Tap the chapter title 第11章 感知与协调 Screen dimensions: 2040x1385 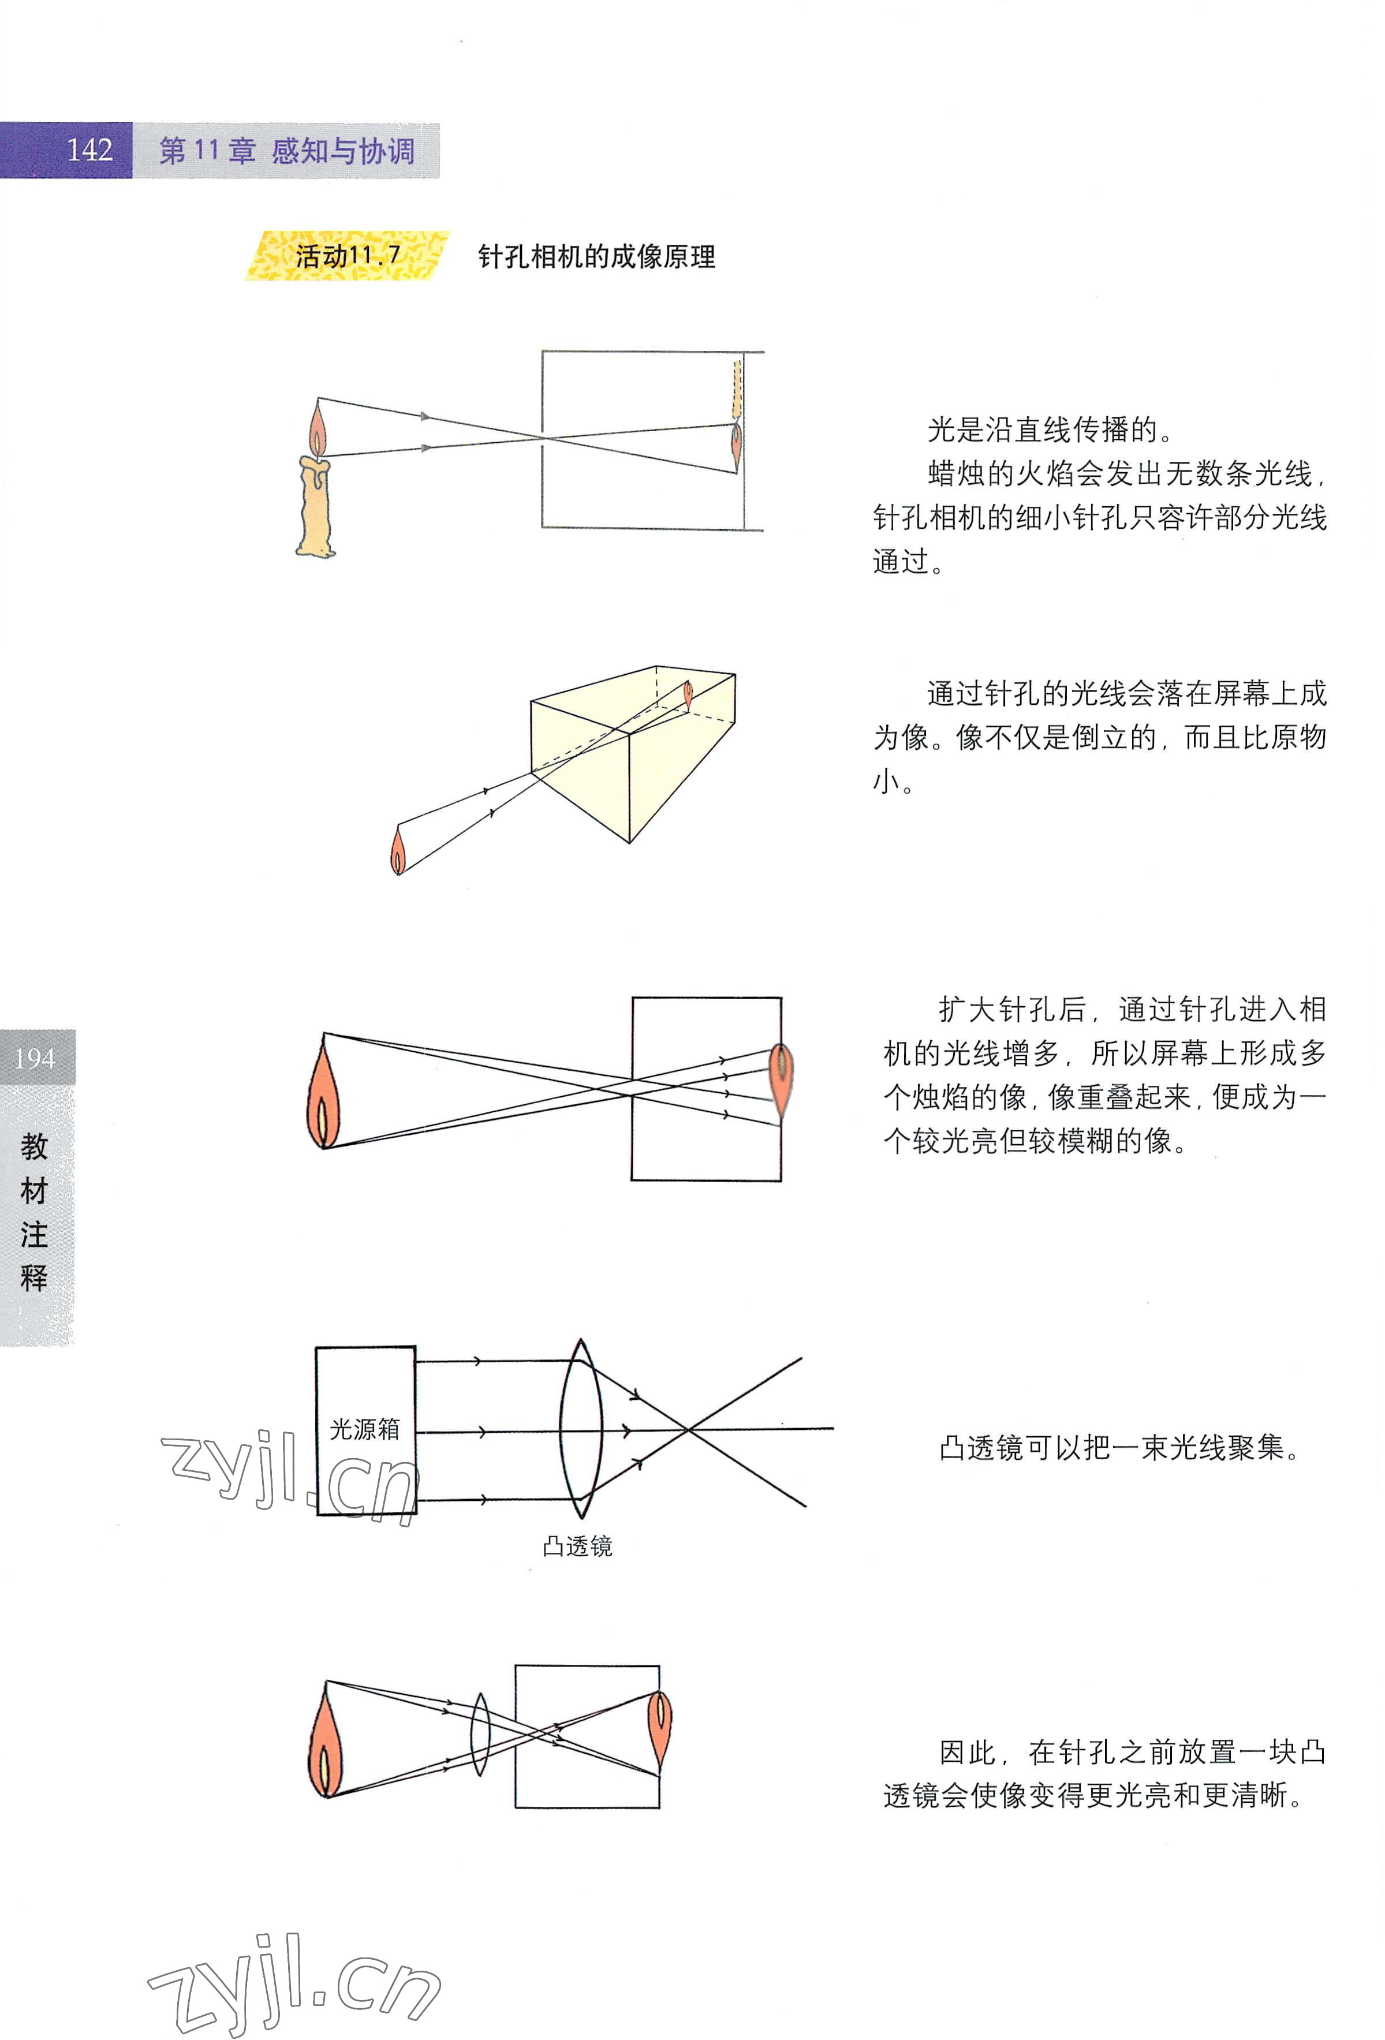tap(286, 151)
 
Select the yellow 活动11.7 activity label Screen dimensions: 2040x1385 tap(348, 256)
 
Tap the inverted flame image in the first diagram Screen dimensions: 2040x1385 tap(737, 446)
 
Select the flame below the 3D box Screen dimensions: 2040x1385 tap(398, 851)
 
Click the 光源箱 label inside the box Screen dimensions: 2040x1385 tap(364, 1429)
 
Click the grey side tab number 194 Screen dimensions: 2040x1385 tap(35, 1058)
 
